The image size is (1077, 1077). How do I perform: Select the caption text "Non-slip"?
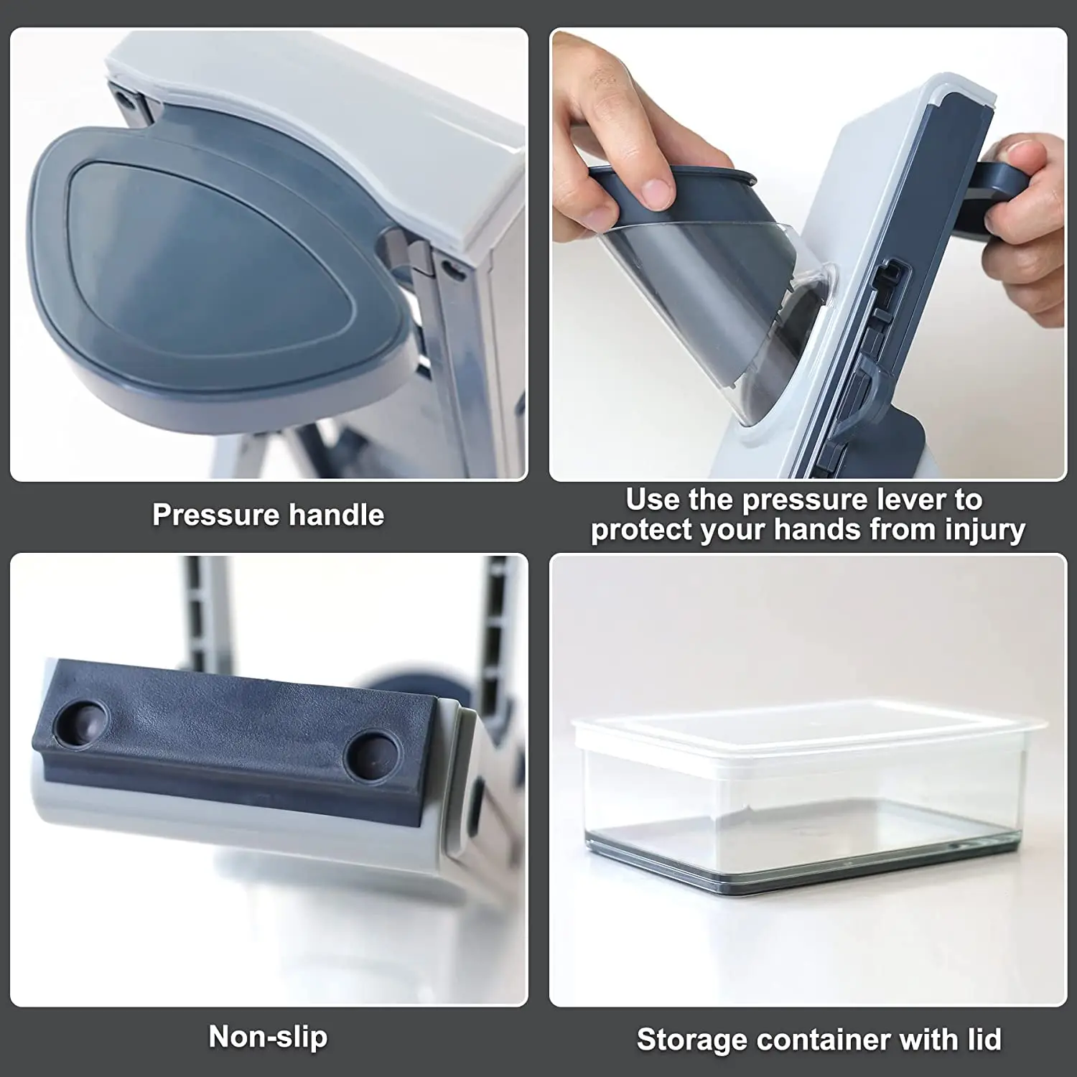(268, 1037)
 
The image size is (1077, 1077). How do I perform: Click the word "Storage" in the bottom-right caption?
(689, 1040)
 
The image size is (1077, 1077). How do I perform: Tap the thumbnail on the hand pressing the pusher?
(657, 192)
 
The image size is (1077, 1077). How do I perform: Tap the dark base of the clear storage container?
(797, 872)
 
